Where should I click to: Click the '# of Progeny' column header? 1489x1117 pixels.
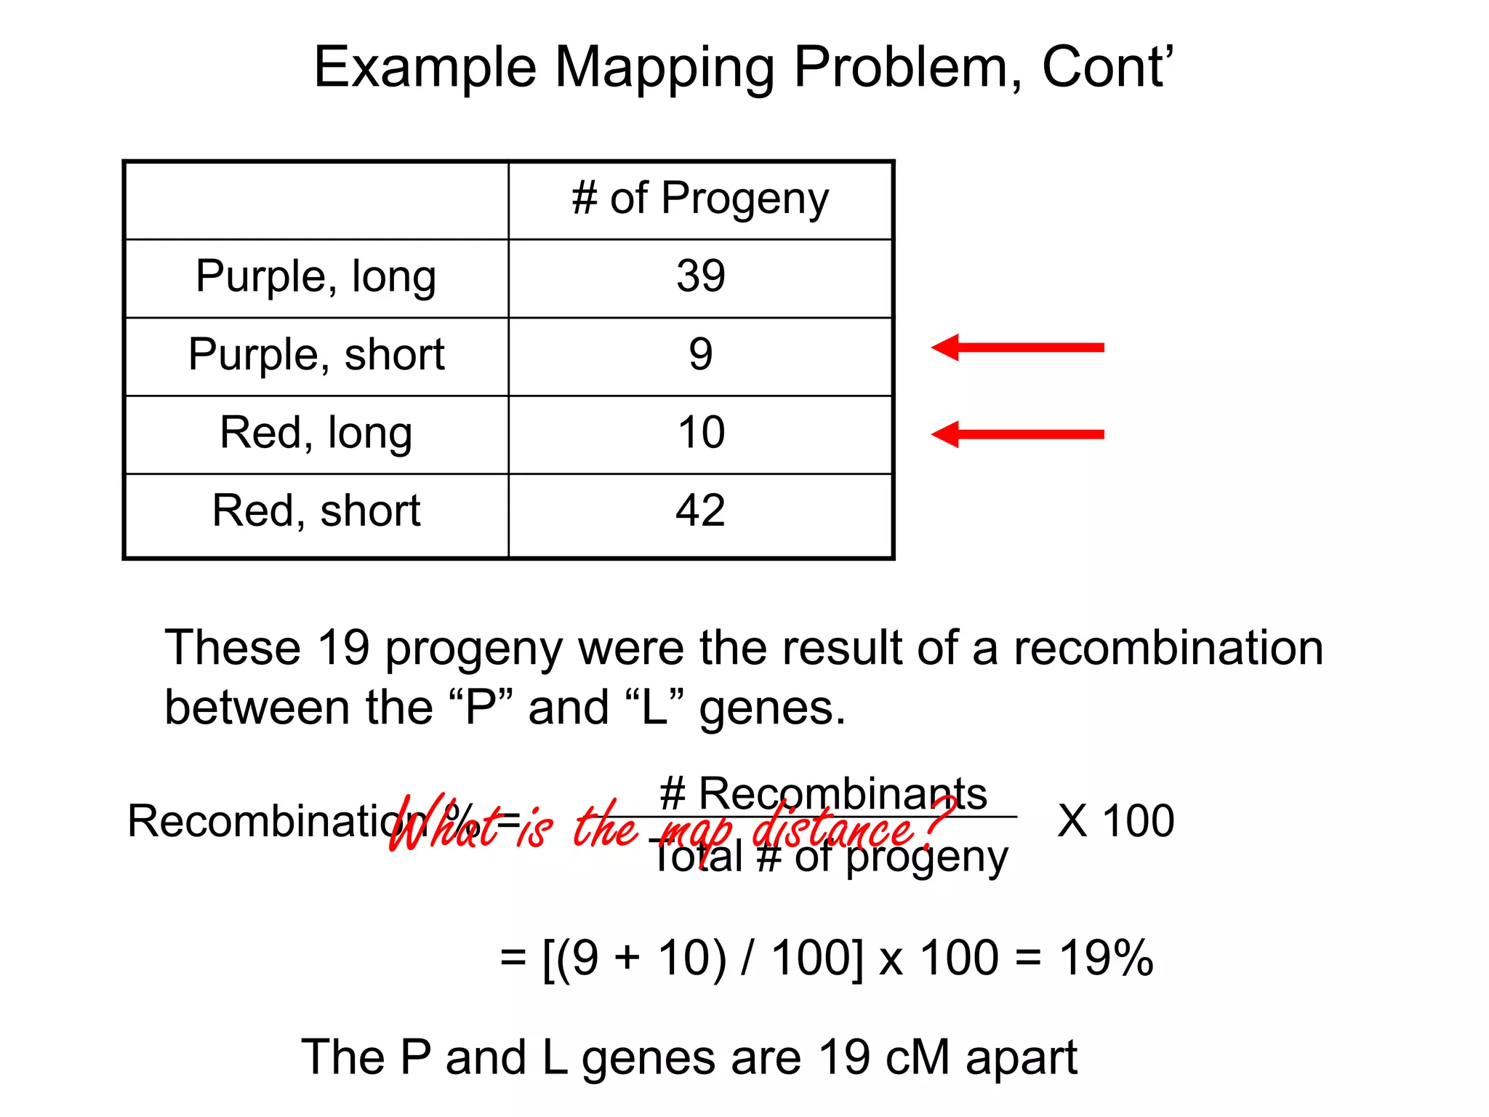click(x=700, y=199)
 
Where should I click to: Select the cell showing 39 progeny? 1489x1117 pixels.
click(x=701, y=276)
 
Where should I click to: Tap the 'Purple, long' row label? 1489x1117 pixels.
click(x=316, y=277)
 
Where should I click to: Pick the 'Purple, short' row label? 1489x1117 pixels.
click(x=316, y=355)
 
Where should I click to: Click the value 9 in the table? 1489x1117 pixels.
click(x=701, y=355)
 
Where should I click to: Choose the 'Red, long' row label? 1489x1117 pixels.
click(x=316, y=433)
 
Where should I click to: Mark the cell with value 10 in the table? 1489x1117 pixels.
click(x=701, y=433)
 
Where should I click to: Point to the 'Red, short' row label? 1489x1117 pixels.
click(x=316, y=511)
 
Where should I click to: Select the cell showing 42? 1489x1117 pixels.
click(x=701, y=511)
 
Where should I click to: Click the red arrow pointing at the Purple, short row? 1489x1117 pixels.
click(x=1017, y=348)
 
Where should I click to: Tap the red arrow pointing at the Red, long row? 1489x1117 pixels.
click(x=1017, y=434)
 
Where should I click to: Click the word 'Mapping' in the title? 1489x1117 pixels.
click(x=665, y=68)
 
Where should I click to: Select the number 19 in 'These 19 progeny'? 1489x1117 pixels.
click(x=344, y=648)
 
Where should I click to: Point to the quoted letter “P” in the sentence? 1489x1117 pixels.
click(x=481, y=708)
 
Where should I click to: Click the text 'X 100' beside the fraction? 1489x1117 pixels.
click(x=1115, y=821)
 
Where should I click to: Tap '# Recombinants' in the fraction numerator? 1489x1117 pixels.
click(x=823, y=793)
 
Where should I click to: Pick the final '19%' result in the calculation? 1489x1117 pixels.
click(x=1106, y=958)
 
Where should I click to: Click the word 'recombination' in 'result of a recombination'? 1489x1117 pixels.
click(x=1168, y=648)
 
